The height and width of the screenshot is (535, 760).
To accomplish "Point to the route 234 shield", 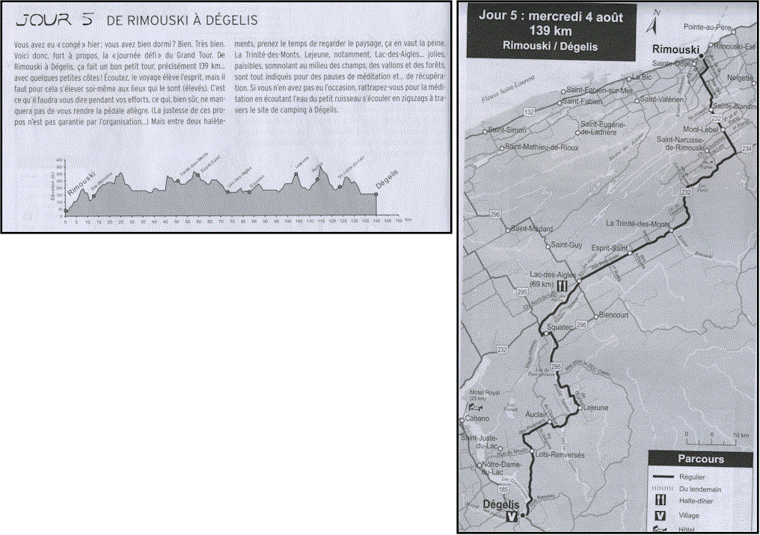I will (x=746, y=150).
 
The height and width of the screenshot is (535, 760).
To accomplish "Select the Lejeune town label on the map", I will (x=595, y=408).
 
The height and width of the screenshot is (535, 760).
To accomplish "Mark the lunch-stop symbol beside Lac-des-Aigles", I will (x=560, y=285).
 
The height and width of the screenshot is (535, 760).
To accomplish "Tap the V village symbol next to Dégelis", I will (x=511, y=516).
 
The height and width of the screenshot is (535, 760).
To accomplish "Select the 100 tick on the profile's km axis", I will (x=287, y=221).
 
